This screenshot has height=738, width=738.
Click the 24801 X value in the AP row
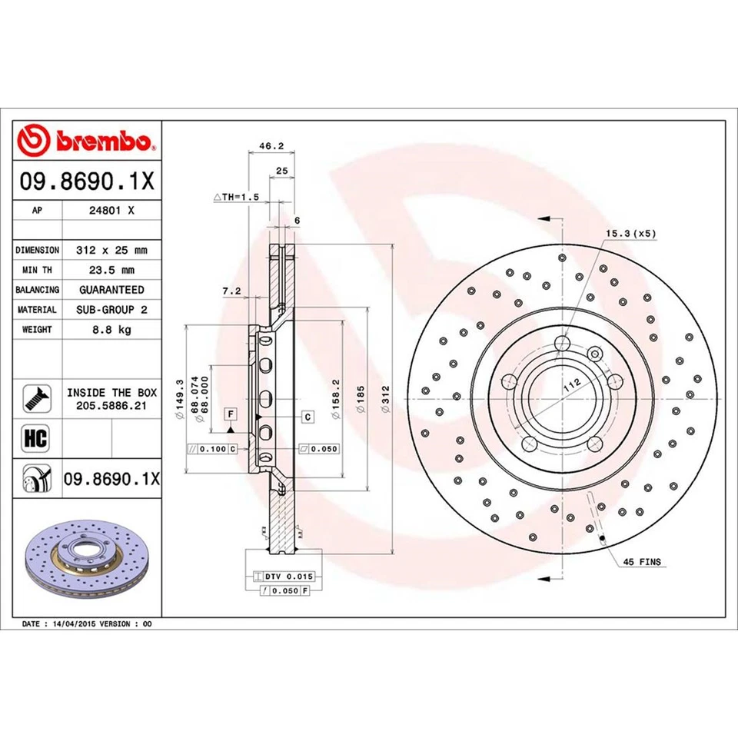coord(111,209)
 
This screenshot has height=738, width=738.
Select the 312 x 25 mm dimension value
coord(111,251)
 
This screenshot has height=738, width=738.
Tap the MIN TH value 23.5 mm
coord(111,270)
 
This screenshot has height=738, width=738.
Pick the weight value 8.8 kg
coord(111,329)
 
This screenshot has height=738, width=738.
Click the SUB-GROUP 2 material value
coord(111,309)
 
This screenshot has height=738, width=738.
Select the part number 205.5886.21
coord(111,405)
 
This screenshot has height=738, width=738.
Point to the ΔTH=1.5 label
coord(237,197)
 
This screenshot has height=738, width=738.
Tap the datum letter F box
coord(229,414)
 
